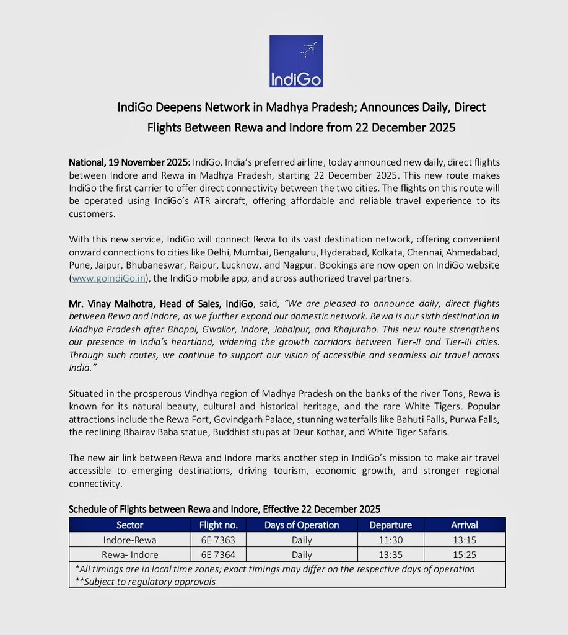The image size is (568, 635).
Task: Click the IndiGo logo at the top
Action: (296, 61)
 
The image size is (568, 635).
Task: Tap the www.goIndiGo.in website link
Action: (109, 278)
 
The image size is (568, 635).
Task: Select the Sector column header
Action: (129, 525)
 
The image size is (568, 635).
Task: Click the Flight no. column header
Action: (218, 525)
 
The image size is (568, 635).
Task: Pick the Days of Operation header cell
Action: (302, 525)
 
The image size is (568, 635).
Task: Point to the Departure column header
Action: (391, 525)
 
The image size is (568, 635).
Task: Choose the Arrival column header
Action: (464, 525)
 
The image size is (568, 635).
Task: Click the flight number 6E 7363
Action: (213, 540)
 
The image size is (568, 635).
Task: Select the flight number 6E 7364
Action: (213, 554)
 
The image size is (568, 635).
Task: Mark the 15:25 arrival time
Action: (464, 554)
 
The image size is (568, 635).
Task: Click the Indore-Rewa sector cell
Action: (129, 540)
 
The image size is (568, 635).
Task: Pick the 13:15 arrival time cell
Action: (464, 540)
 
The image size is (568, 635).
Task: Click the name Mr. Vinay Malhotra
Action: (107, 304)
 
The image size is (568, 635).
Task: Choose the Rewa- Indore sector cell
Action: (129, 554)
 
